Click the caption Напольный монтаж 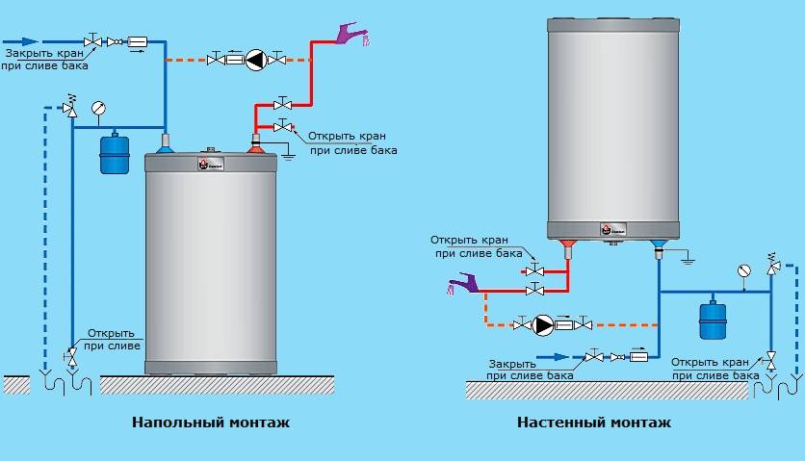coord(210,423)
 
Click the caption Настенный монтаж coord(594,423)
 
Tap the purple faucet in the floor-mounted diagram coord(350,37)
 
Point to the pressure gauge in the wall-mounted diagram coord(742,270)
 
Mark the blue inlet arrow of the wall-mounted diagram coord(552,356)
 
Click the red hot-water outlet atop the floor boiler coord(256,147)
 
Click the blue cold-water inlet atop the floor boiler coord(165,147)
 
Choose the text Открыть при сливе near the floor coord(115,339)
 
